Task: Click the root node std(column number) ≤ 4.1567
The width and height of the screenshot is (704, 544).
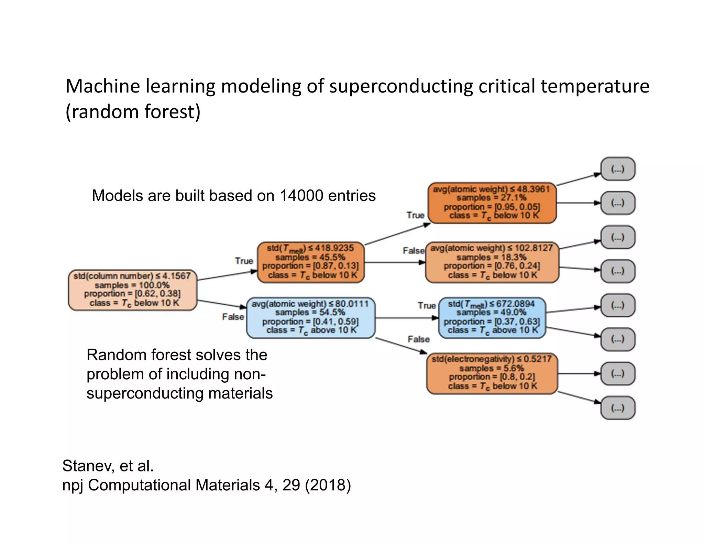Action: point(132,290)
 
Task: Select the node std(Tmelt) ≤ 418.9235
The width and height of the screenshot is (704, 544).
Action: point(310,262)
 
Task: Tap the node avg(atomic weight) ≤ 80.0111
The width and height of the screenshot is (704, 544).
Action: point(310,317)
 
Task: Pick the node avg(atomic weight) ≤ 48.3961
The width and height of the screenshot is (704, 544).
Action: point(492,203)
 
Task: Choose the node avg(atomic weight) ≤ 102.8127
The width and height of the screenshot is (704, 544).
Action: point(492,262)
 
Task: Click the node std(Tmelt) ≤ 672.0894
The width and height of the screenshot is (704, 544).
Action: point(492,317)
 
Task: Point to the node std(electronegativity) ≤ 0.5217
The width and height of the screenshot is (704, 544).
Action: point(492,373)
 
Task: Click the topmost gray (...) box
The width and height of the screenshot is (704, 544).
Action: point(617,169)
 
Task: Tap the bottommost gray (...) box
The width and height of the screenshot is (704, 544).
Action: point(617,408)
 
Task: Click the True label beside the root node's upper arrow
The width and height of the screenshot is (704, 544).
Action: point(244,261)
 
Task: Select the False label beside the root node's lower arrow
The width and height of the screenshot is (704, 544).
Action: point(233,317)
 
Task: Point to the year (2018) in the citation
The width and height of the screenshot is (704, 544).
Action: point(328,485)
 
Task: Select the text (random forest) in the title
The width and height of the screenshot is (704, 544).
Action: point(133,112)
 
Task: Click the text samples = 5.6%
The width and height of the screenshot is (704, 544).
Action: point(492,368)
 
